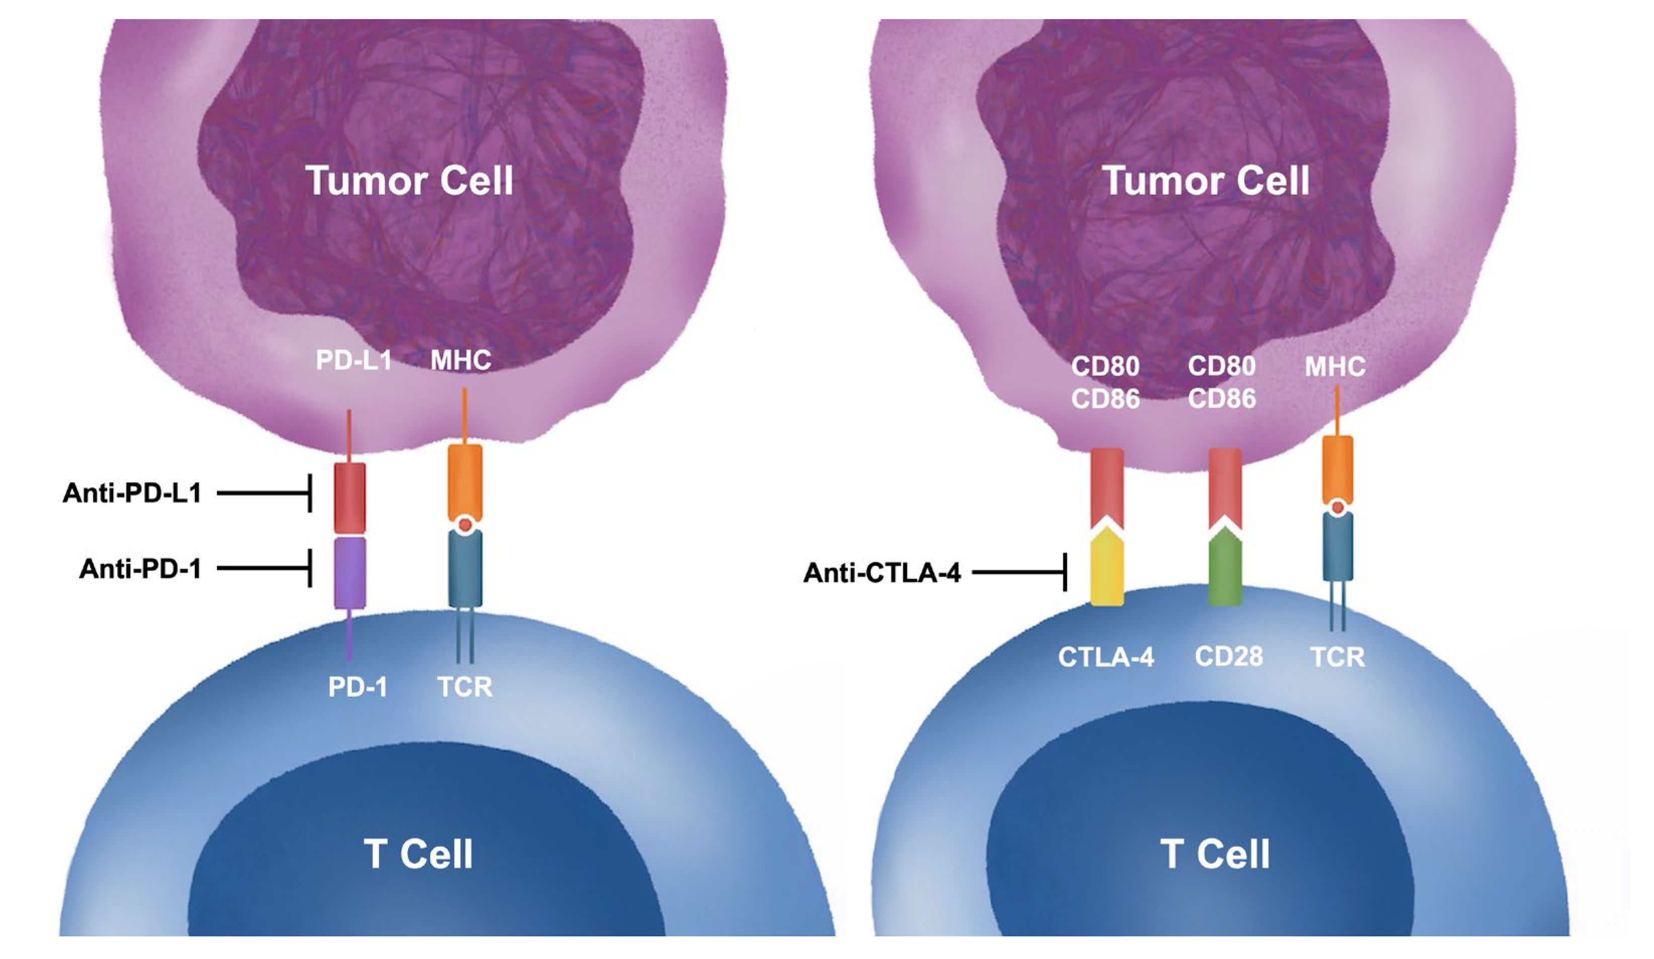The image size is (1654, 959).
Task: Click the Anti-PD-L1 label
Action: point(132,493)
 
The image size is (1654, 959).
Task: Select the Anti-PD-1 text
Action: point(140,569)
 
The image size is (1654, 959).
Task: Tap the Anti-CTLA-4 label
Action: point(882,573)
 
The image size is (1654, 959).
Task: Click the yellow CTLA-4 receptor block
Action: point(1107,571)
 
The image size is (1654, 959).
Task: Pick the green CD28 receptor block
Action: point(1225,571)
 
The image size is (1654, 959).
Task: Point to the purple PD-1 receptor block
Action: point(350,573)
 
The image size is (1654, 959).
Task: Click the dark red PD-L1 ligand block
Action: point(350,498)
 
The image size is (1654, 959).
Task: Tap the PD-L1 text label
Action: point(354,360)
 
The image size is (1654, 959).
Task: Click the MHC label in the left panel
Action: point(461,360)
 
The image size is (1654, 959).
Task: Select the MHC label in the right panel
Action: point(1334,367)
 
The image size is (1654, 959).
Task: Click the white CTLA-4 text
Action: point(1106,657)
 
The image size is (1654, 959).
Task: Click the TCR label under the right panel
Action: point(1337,657)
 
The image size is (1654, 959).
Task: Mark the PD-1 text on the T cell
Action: point(357,687)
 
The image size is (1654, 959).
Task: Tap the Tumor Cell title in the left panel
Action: point(409,181)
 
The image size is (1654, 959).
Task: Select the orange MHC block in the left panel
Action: point(464,483)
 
